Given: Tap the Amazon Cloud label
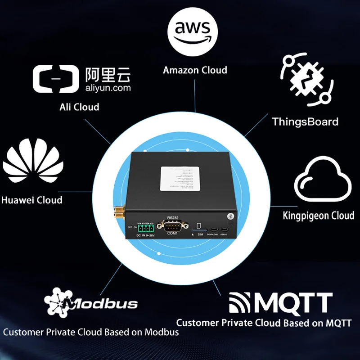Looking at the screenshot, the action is pos(195,70).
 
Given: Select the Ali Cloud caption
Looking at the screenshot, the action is pos(79,107).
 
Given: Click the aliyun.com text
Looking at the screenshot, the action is pos(108,88).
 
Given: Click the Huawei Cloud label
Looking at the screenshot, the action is pos(31,200).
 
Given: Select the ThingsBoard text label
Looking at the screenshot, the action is pos(305,121).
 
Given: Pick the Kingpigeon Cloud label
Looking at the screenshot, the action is pos(318,216).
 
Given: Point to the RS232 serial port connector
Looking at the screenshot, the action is pos(173,226).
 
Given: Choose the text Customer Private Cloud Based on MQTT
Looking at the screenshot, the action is pos(263,323).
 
